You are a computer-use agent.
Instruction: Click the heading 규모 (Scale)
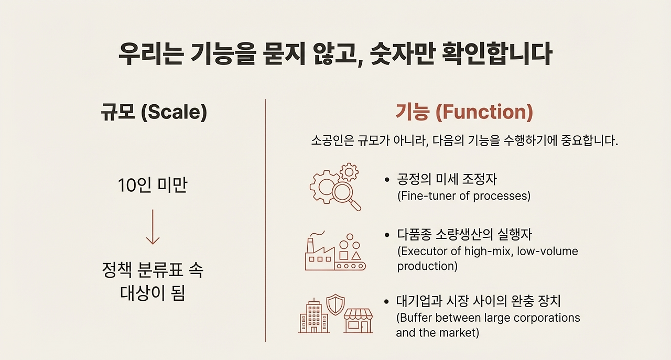tap(154, 112)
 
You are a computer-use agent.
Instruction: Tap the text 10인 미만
tap(153, 186)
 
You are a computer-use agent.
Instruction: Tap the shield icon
tap(335, 304)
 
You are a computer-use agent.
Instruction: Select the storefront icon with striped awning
tap(358, 320)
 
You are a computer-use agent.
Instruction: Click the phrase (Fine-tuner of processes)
tap(463, 196)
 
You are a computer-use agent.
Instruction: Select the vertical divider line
tap(266, 220)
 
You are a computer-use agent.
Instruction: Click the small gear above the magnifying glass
tap(349, 171)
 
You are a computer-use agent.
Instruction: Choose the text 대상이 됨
tap(153, 293)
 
